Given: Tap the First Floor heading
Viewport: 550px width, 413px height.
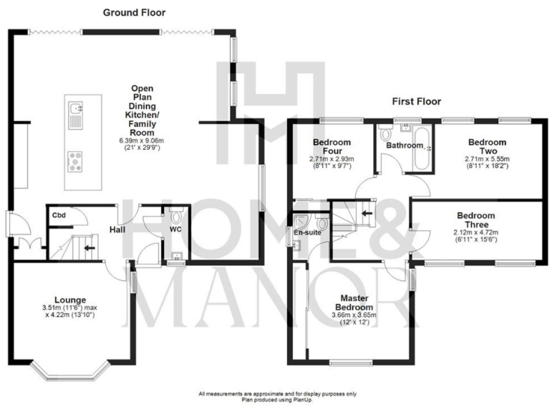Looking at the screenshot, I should pos(416,102).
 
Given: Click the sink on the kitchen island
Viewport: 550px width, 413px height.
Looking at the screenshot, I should pos(76,109).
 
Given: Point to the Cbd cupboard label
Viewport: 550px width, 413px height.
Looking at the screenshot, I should pos(59,214).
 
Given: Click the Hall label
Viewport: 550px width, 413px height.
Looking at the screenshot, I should pos(119,230).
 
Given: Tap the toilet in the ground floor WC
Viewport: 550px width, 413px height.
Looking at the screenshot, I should pos(176,215).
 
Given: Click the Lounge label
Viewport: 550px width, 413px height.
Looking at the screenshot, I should pos(69,300).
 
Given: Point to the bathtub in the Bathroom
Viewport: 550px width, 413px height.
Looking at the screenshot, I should pos(422,149).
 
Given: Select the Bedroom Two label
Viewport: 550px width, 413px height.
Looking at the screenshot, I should pos(486,147).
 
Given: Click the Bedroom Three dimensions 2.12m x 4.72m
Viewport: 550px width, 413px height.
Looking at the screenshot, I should pos(476,232).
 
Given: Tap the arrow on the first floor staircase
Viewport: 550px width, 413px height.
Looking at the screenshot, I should pos(367,213).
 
